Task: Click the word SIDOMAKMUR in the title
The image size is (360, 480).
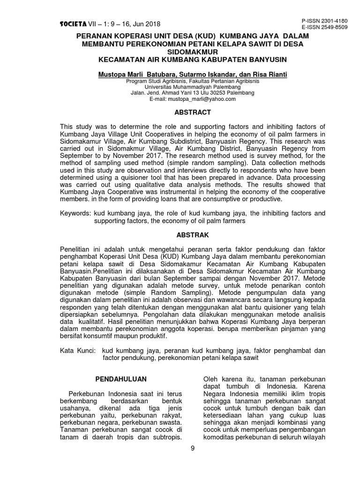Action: (x=193, y=52)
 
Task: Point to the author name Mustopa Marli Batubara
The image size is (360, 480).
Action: (x=136, y=74)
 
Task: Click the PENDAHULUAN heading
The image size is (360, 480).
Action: (x=121, y=379)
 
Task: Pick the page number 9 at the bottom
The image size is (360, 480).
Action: (x=193, y=448)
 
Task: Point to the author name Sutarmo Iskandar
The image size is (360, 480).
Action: (x=209, y=74)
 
